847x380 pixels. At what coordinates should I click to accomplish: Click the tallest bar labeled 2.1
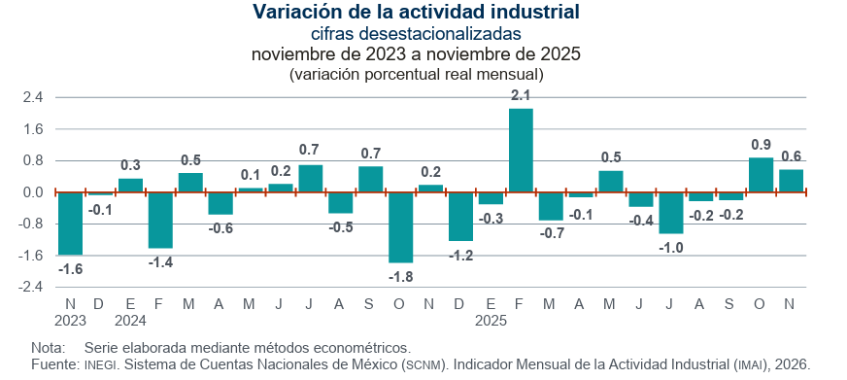(521, 151)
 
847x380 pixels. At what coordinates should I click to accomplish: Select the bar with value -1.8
(401, 227)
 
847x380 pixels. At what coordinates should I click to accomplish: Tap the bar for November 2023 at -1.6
(70, 224)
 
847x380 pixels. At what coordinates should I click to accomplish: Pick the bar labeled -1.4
(160, 220)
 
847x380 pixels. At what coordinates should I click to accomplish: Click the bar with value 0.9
(761, 175)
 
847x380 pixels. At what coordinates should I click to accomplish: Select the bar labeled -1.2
(460, 216)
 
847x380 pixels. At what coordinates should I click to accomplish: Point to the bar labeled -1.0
(671, 212)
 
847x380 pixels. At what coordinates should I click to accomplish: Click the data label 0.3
(130, 165)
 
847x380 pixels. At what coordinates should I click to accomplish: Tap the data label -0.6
(220, 228)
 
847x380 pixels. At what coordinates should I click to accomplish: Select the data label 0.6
(791, 155)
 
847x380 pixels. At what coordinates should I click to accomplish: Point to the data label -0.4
(641, 221)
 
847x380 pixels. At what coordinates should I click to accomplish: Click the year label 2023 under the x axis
(71, 320)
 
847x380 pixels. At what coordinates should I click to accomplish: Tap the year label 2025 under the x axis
(491, 320)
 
